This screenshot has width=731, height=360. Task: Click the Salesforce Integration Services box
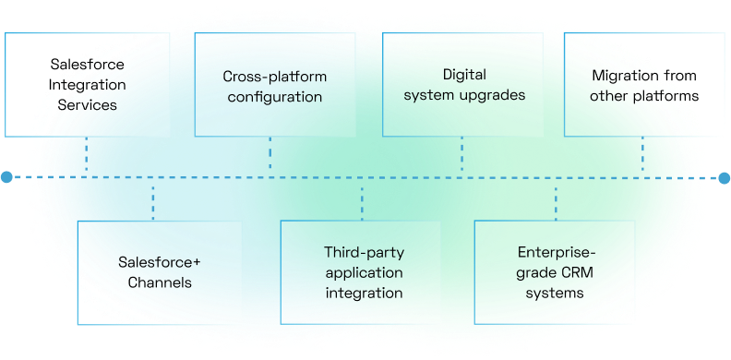point(88,85)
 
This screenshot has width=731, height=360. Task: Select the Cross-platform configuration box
point(274,86)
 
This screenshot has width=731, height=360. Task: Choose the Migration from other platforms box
point(644,86)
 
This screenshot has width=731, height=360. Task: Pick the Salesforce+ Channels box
point(161,272)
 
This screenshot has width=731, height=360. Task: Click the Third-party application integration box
point(363,272)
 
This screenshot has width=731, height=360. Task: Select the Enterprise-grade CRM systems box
point(555,272)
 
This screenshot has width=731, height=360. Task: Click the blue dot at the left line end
point(6,175)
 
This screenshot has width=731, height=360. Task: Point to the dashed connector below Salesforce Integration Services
point(87,155)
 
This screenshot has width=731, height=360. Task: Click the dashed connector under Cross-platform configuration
point(270,155)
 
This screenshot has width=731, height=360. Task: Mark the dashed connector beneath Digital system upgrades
point(461,155)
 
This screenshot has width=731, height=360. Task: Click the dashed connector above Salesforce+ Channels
point(153,198)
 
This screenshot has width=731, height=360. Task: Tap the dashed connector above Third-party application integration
point(362,198)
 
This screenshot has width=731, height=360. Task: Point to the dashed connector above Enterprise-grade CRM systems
point(557,198)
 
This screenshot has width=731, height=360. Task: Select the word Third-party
point(363,251)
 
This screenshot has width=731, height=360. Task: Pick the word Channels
point(161,282)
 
